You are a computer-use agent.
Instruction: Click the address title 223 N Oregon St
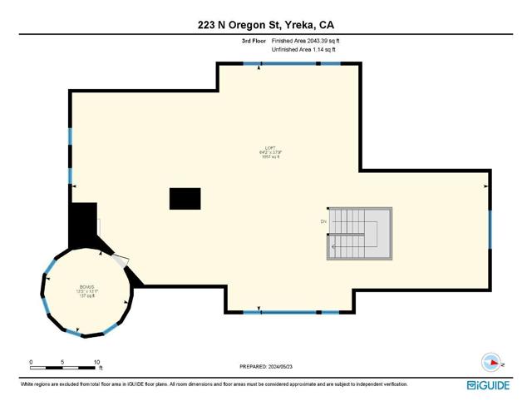click(x=266, y=25)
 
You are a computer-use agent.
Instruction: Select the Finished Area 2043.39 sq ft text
click(x=307, y=40)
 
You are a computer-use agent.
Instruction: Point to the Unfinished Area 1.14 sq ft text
click(x=304, y=50)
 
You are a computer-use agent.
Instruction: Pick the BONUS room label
click(x=87, y=290)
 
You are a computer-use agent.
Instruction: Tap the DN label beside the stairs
click(x=323, y=222)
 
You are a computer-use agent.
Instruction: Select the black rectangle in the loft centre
click(x=185, y=199)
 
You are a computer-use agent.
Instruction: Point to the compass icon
click(x=491, y=363)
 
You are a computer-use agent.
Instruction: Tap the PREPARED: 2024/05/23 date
click(x=266, y=365)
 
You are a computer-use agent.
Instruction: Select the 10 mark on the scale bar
click(x=97, y=362)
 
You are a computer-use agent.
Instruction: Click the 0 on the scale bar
click(x=31, y=362)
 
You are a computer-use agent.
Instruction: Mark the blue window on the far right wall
click(x=490, y=230)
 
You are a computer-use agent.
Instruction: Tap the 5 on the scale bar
click(x=63, y=362)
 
